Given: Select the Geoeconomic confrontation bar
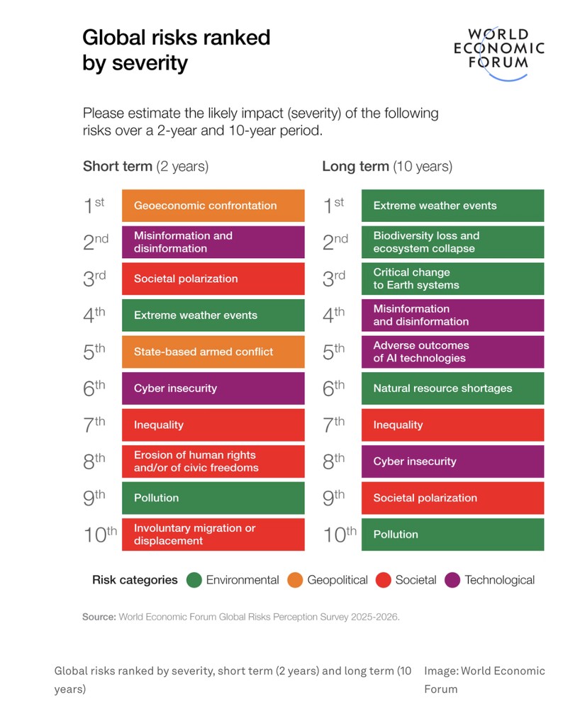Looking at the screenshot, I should click(x=213, y=206).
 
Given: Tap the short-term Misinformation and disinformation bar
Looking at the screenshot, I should click(x=213, y=242).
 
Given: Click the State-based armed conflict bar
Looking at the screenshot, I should click(x=213, y=352).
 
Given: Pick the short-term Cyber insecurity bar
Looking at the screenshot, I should click(x=213, y=389).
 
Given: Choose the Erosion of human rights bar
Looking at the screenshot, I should click(x=213, y=462).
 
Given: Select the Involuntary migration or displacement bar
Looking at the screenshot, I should click(x=213, y=535).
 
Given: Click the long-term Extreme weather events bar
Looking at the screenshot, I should click(x=452, y=206).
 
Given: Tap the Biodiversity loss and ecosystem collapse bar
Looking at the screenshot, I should click(x=452, y=242).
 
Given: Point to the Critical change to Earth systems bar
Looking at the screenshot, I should click(x=452, y=279).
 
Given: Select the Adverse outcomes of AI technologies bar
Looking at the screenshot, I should click(x=452, y=352).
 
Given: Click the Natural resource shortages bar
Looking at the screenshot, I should click(x=452, y=389).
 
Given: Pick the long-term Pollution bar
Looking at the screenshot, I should click(x=452, y=535).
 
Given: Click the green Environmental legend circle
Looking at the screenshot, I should click(x=194, y=580).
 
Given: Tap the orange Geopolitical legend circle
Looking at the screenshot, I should click(x=295, y=580).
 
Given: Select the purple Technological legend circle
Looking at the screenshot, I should click(x=452, y=580).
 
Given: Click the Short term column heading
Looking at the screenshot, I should click(x=145, y=167).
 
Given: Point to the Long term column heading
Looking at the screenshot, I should click(x=386, y=167).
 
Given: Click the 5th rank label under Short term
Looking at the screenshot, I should click(x=94, y=352).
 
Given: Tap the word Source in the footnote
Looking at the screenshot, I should click(x=99, y=617).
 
